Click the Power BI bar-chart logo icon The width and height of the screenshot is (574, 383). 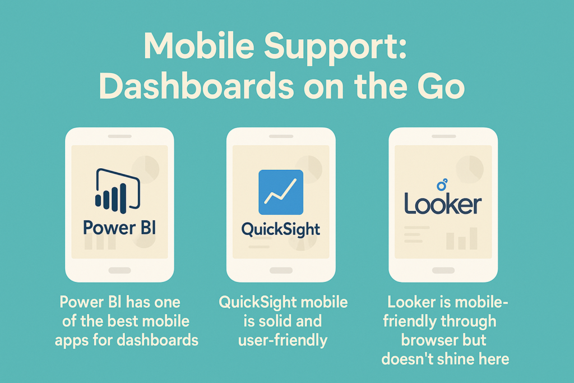(x=117, y=189)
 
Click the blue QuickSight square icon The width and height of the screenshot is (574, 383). (x=281, y=192)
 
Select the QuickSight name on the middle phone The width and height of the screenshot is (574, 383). (x=280, y=229)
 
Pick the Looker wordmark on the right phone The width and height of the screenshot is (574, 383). (x=442, y=205)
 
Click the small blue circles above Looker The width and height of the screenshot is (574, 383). (x=442, y=184)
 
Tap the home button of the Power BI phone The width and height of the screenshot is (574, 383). (x=119, y=270)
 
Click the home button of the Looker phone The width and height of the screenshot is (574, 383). (x=443, y=270)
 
